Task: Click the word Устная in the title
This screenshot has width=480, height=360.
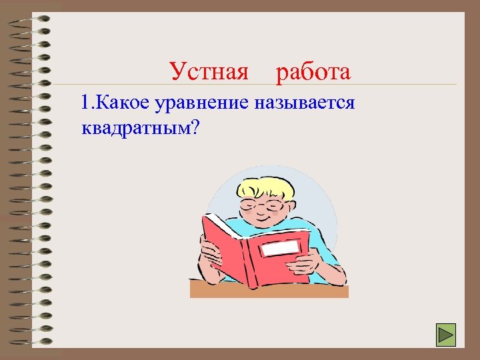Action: point(208,71)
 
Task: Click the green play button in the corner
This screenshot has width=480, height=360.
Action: point(445,334)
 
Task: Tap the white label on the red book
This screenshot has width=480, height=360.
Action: point(280,249)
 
